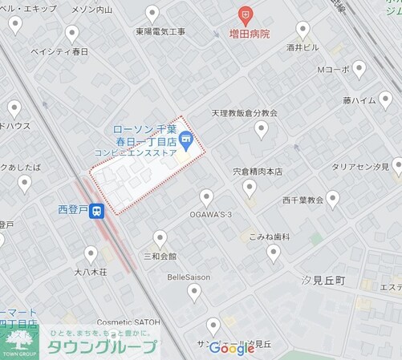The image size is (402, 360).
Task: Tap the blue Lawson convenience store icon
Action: tap(186, 141)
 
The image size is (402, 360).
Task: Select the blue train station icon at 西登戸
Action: tap(97, 212)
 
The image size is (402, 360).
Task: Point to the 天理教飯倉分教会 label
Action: tap(245, 113)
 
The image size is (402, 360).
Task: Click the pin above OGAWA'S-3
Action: tap(206, 197)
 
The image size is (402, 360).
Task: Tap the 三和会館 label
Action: tap(160, 257)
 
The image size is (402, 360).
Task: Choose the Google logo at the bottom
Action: tap(232, 348)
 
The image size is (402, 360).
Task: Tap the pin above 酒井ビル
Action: tap(303, 30)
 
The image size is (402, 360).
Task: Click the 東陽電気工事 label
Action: tap(160, 31)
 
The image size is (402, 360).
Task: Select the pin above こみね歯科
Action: tap(274, 253)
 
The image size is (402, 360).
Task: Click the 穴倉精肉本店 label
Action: tap(258, 171)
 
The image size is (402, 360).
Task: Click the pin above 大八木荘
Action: tap(91, 254)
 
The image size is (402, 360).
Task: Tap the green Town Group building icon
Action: tap(21, 340)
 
